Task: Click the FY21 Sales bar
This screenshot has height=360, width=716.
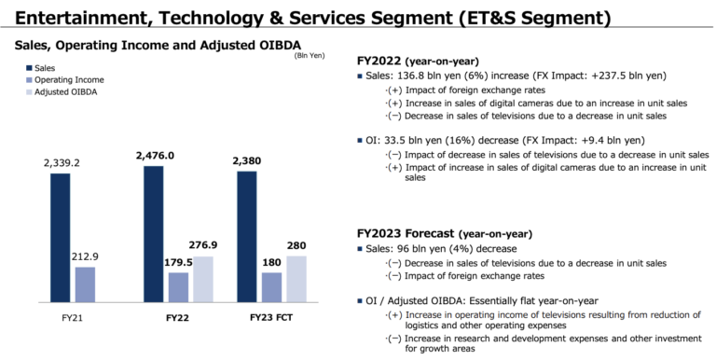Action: pos(61,237)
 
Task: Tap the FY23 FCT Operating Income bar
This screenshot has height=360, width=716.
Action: pos(272,286)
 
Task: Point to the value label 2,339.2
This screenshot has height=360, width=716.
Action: pos(62,163)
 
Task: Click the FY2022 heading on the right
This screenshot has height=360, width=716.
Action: pos(387,59)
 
